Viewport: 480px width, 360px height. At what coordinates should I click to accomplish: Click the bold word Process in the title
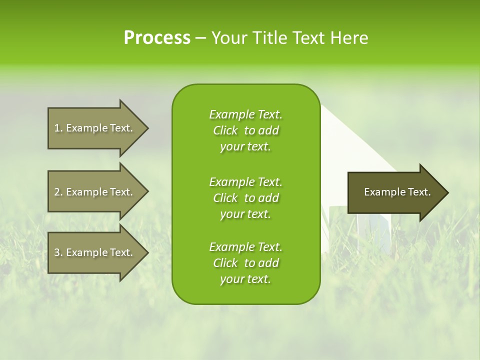[x=157, y=38]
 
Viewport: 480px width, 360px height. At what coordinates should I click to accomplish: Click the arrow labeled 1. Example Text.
[x=95, y=128]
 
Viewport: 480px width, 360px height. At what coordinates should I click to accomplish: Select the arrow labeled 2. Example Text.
[x=95, y=192]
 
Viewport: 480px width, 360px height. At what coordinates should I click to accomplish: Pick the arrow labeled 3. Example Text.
[x=95, y=252]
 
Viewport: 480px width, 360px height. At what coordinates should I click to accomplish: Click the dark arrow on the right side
[x=395, y=192]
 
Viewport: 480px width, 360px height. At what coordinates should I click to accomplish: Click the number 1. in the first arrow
[x=58, y=128]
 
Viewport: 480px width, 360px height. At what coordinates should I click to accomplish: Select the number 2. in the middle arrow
[x=58, y=192]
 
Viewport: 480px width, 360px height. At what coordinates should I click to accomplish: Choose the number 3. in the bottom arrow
[x=58, y=252]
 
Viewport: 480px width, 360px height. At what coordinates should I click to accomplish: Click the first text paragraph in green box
[x=245, y=130]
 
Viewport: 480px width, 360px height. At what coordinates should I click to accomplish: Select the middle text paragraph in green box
[x=245, y=197]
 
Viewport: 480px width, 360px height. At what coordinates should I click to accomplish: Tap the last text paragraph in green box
[x=245, y=263]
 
